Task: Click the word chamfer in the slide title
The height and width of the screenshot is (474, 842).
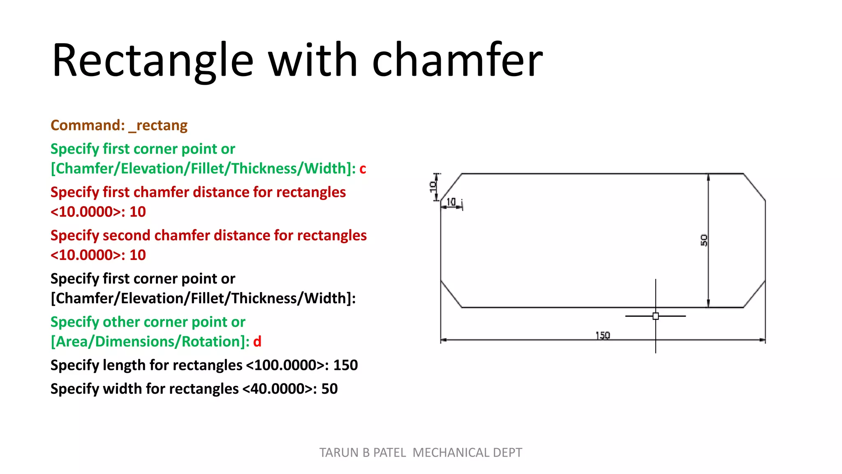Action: coord(457,60)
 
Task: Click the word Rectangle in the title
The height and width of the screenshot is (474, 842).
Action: coord(153,60)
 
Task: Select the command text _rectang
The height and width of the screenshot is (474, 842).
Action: coord(158,125)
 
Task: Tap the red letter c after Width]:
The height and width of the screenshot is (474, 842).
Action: coord(363,169)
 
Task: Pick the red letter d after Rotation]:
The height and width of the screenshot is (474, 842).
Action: coord(257,342)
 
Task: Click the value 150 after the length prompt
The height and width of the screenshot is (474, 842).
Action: coord(345,365)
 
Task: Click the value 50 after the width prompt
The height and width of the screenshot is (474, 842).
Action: coord(329,389)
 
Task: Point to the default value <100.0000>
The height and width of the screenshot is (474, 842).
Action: coord(285,365)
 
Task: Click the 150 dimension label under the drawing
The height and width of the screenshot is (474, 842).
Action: coord(603,336)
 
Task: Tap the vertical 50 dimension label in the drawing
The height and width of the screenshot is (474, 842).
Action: coord(704,240)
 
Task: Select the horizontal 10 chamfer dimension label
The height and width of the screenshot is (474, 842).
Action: coord(451,202)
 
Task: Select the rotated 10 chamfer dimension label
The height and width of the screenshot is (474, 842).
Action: coord(433,187)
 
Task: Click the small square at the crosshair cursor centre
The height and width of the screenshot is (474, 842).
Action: coord(656,316)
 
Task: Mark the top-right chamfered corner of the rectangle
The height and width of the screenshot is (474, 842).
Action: coord(754,187)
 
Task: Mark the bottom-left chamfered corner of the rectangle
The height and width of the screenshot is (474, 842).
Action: coord(451,294)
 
